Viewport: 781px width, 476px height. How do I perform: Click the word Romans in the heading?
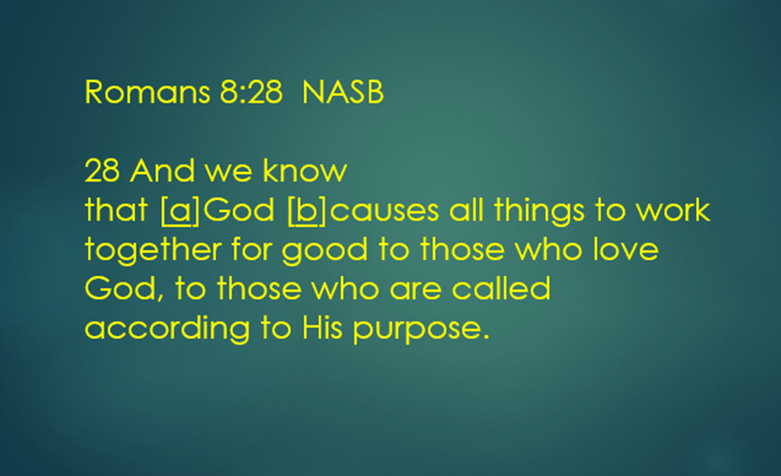click(x=147, y=92)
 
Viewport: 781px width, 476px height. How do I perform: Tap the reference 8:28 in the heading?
click(x=251, y=92)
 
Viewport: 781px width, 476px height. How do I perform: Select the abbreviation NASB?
click(x=343, y=92)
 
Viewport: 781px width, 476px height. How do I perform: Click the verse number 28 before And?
click(x=102, y=171)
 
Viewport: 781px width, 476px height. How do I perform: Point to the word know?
click(x=305, y=171)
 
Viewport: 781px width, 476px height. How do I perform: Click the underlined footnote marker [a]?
click(x=180, y=210)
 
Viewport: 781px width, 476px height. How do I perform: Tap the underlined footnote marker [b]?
click(x=307, y=210)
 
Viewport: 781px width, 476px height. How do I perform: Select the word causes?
click(x=385, y=210)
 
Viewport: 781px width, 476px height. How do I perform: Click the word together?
click(x=153, y=250)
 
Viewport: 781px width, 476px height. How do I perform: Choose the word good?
click(x=325, y=250)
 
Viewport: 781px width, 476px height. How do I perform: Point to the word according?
click(x=168, y=329)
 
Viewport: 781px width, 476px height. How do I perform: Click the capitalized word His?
click(x=322, y=327)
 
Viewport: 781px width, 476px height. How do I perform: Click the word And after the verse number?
click(x=162, y=171)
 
